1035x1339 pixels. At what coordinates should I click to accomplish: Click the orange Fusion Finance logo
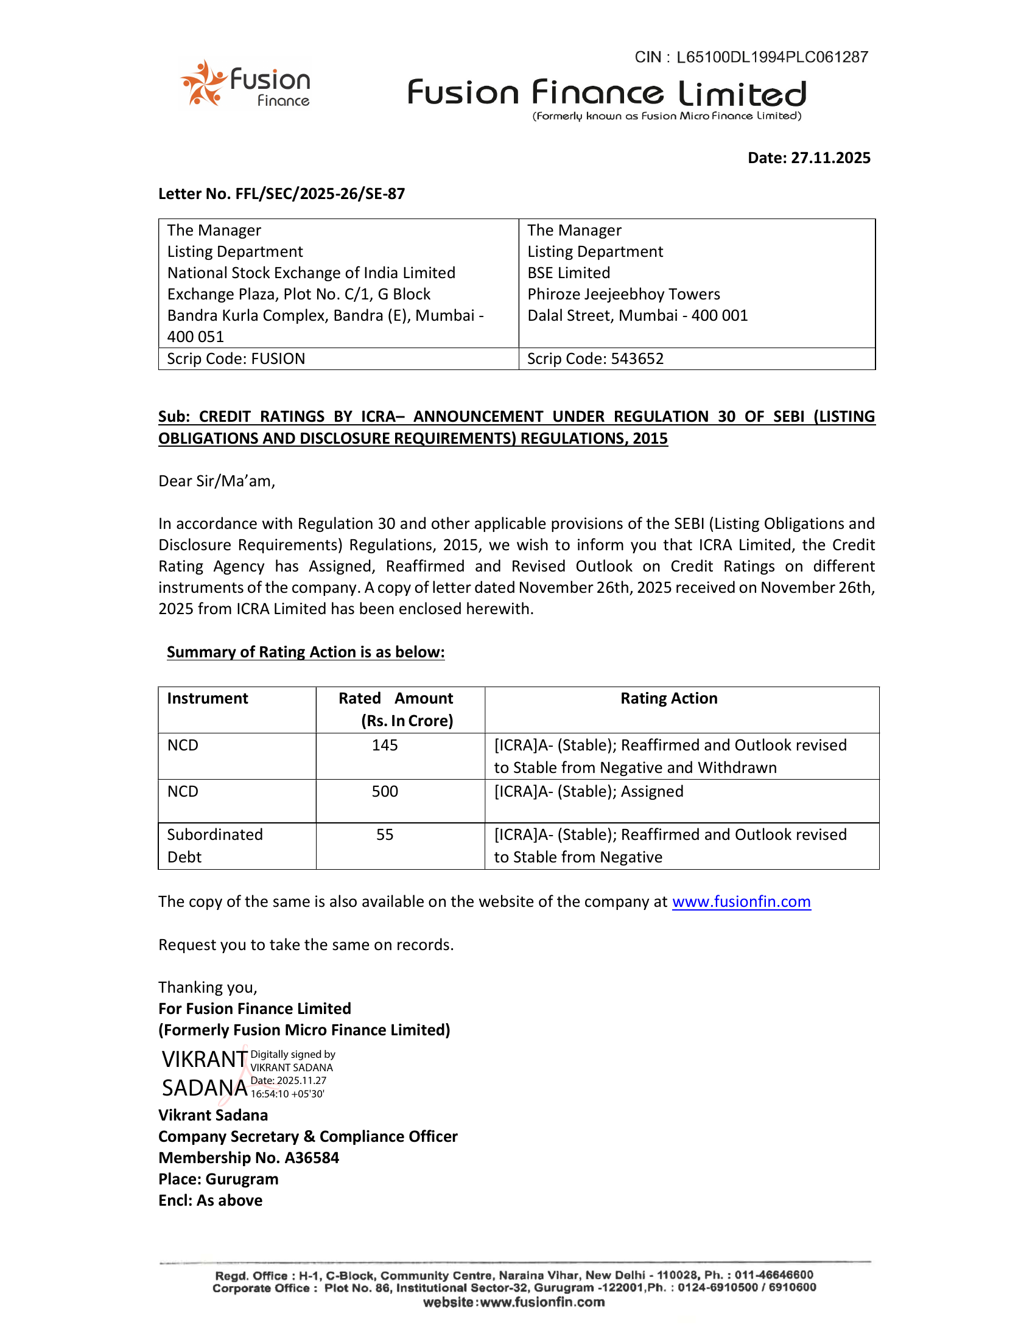point(245,84)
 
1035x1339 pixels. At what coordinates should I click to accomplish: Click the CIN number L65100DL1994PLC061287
point(772,57)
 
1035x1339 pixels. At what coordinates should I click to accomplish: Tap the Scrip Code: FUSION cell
point(236,358)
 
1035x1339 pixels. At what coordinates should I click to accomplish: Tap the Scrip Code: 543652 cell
point(595,358)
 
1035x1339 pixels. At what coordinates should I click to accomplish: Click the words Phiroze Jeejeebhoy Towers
point(623,295)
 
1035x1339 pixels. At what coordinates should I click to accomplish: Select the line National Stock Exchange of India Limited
point(311,273)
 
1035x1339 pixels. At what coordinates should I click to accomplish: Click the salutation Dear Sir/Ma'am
point(217,481)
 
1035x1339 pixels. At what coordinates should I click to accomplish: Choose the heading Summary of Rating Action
point(306,652)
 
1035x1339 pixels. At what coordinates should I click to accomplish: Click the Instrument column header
point(207,698)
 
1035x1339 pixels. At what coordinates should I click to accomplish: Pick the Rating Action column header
point(668,698)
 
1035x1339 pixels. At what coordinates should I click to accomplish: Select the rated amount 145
point(384,745)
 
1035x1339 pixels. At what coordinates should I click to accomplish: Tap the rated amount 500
point(384,791)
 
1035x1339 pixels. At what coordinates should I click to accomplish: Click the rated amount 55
point(384,834)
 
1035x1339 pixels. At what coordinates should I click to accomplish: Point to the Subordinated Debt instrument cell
point(214,845)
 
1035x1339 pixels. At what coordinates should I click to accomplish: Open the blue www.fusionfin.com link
point(741,902)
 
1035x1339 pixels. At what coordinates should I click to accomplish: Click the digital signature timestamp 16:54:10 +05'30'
point(287,1094)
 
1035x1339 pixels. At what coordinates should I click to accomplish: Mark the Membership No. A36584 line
point(248,1158)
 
